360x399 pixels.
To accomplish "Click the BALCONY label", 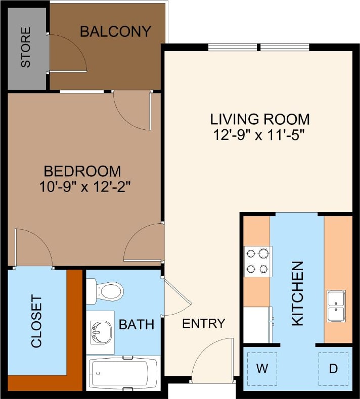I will pos(115,31).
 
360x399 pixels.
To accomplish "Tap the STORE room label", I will pos(25,47).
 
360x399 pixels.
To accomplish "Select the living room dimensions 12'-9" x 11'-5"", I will pos(259,135).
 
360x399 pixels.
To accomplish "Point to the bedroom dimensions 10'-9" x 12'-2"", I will pos(85,187).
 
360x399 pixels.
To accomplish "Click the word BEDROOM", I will pos(82,171).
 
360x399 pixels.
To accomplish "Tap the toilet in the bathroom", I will pos(105,291).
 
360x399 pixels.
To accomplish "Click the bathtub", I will pos(124,373).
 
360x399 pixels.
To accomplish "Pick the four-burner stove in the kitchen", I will pos(258,261).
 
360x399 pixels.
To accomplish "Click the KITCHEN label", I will pos(298,293).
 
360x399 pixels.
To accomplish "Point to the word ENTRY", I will pos(204,324).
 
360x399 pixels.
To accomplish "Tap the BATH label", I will pos(137,324).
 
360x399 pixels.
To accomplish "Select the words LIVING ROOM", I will pos(259,119).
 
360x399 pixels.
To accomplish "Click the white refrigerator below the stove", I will pos(257,324).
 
